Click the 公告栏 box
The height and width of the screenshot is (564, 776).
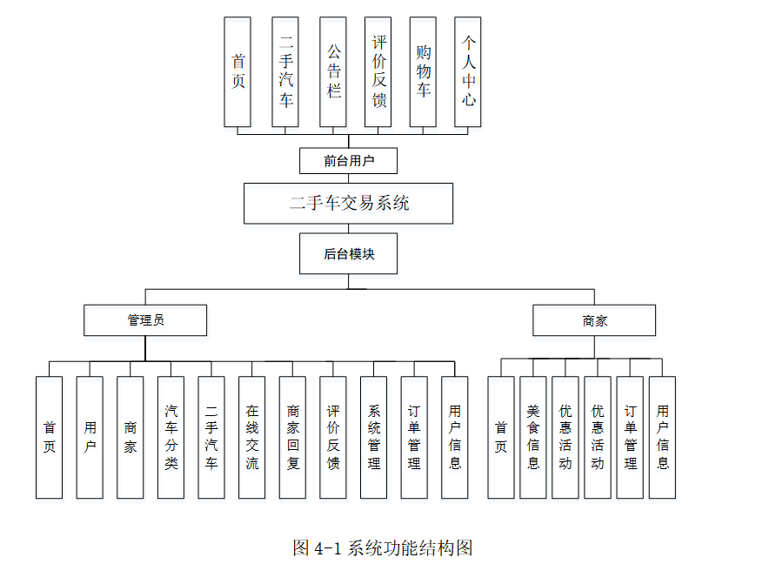coord(332,72)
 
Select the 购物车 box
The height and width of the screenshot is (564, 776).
coord(424,72)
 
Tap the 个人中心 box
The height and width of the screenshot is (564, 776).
coord(469,72)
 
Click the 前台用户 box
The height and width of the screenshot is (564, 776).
coord(348,160)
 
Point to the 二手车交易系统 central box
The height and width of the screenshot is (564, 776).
coord(348,204)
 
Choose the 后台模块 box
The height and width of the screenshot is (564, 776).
coord(348,254)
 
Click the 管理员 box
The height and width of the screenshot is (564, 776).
coord(145,320)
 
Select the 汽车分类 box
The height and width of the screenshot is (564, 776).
coord(171,437)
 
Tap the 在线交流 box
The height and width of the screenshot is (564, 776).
coord(251,437)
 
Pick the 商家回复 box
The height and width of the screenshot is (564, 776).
coord(292,437)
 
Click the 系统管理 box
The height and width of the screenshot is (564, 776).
coord(373,437)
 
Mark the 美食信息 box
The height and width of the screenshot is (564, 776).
coord(532,437)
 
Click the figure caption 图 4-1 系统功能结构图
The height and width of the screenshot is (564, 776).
coord(383,547)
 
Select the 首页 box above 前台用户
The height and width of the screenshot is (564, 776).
coord(237,72)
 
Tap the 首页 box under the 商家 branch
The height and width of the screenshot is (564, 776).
coord(500,437)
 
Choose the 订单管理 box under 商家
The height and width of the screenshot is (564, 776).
coord(630,437)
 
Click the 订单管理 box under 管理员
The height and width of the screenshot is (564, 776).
coord(414,437)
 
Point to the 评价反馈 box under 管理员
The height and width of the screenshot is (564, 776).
coord(332,437)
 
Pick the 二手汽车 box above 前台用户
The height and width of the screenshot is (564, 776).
coord(285,72)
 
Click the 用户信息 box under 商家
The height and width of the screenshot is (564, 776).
coord(662,437)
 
